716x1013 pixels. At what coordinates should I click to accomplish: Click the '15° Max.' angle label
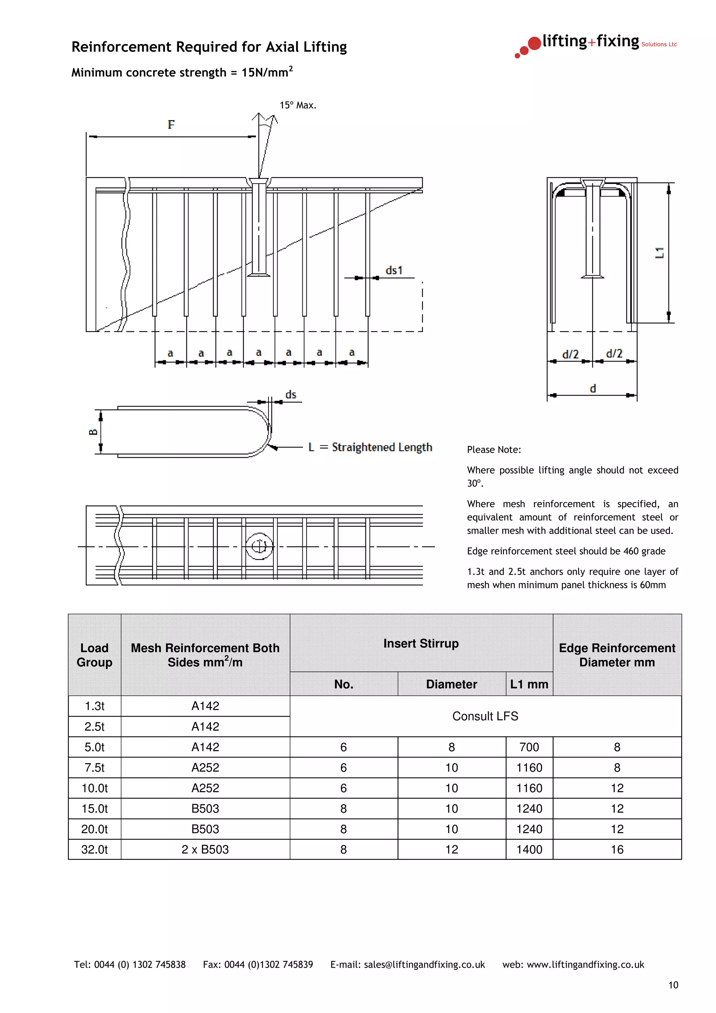298,105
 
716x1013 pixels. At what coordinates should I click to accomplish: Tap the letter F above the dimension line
171,125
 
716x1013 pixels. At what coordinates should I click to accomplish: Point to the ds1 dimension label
394,270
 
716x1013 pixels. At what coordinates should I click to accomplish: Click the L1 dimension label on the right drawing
659,253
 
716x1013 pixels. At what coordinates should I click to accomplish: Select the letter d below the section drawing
593,388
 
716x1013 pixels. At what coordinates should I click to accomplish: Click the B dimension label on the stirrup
93,431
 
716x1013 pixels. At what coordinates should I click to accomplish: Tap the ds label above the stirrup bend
291,394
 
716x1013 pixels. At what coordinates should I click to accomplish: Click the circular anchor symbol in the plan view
259,546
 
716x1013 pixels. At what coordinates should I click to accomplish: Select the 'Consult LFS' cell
485,716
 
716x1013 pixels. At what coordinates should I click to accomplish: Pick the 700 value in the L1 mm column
529,747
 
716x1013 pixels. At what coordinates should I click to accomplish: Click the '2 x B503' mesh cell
205,849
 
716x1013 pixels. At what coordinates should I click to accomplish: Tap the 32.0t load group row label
94,849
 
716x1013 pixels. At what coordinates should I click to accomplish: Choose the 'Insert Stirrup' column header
421,643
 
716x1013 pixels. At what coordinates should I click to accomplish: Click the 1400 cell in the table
529,849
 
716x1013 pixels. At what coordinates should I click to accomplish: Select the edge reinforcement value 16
617,849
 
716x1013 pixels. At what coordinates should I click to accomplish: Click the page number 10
673,985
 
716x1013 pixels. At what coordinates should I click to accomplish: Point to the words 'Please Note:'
494,450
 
